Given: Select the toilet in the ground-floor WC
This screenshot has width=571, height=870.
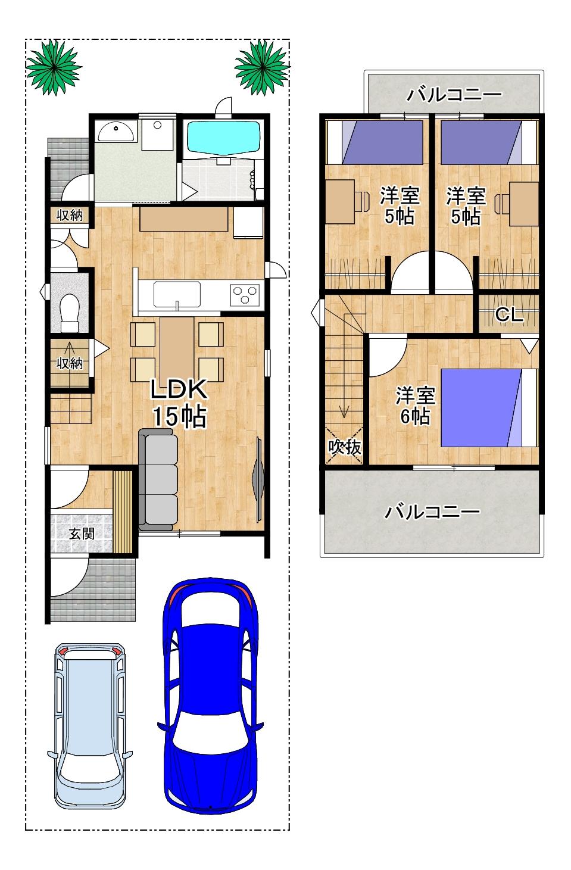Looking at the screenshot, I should click(70, 311).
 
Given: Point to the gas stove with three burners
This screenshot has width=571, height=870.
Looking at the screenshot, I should click(245, 294).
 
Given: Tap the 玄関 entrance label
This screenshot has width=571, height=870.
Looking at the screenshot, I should click(82, 534).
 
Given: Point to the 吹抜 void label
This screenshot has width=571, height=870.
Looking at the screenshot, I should click(345, 447).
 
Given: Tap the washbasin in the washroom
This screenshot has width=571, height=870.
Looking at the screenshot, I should click(117, 131).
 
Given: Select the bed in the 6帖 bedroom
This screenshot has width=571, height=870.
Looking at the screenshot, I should click(489, 407).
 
